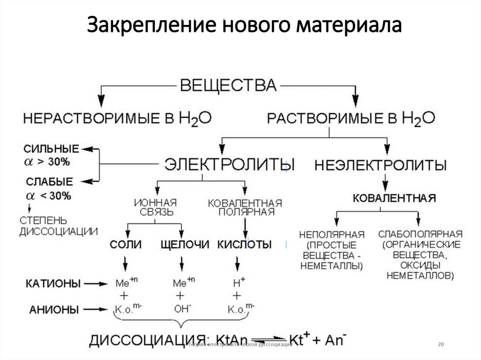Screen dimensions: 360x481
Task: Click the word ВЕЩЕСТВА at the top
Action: click(x=229, y=85)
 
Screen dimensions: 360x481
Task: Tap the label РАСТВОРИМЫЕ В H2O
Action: click(x=351, y=117)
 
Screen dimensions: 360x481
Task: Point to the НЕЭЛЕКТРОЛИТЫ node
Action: click(x=380, y=165)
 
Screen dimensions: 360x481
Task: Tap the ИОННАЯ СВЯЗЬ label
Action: click(x=155, y=207)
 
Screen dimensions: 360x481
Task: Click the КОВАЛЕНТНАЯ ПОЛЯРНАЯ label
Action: click(x=245, y=207)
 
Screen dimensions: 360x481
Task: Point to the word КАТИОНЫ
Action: click(x=53, y=283)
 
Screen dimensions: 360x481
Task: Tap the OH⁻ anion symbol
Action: click(x=180, y=309)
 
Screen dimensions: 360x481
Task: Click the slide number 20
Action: click(x=440, y=345)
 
